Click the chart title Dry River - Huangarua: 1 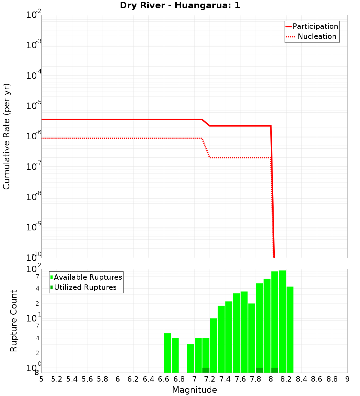point(180,6)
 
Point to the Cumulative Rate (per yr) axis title point(6,136)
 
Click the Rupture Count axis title point(14,320)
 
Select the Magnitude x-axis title point(194,390)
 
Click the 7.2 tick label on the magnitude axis point(210,379)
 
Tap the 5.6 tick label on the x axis point(87,379)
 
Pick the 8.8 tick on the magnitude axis point(332,379)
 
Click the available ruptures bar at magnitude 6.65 point(167,353)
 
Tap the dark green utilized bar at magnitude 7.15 point(206,370)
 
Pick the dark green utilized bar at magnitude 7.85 point(259,370)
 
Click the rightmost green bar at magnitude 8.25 point(290,329)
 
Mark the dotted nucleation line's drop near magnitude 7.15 point(206,148)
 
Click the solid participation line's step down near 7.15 point(206,123)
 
